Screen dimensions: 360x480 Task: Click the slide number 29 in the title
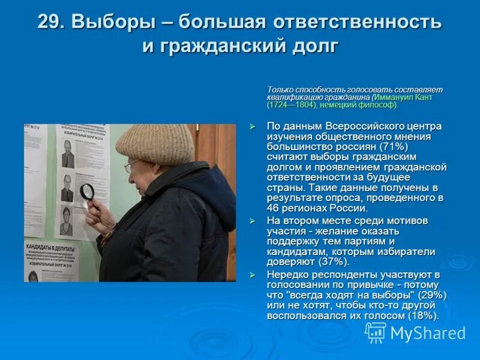click(50, 22)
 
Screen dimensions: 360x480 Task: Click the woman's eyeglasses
click(131, 166)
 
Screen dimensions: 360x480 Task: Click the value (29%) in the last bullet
click(431, 295)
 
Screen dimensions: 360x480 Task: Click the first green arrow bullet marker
click(253, 126)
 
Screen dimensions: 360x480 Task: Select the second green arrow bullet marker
click(253, 221)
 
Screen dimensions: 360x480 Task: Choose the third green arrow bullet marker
click(253, 274)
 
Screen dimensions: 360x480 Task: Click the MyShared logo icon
click(376, 332)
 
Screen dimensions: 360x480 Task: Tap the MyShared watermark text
click(427, 333)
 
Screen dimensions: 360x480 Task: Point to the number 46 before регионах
click(273, 208)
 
